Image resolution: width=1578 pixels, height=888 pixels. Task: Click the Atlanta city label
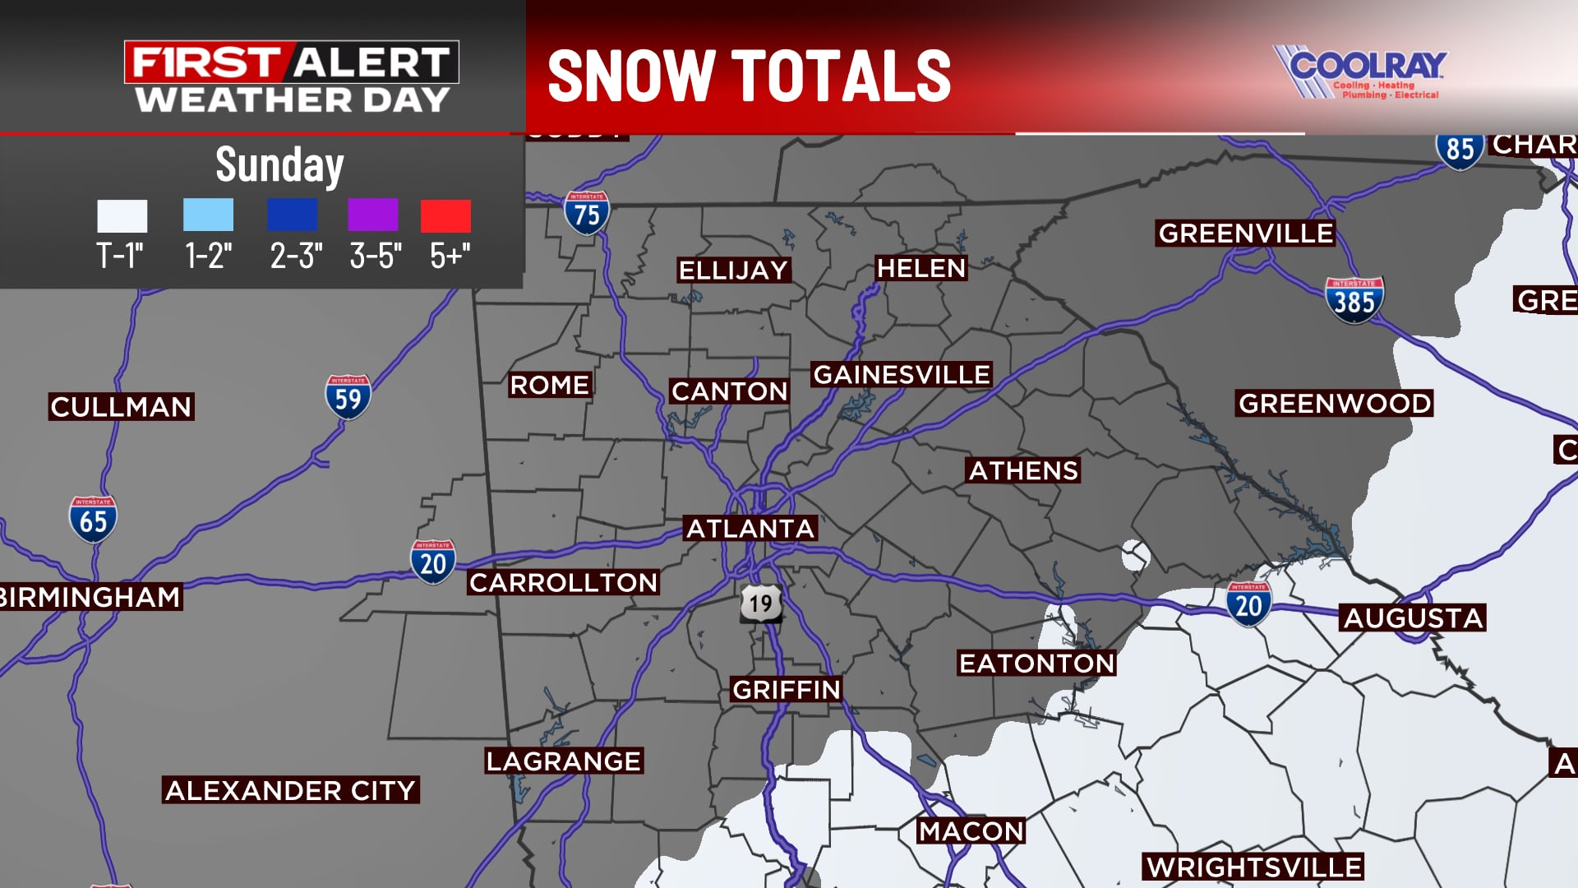750,528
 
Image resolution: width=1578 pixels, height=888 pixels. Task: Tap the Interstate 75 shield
587,213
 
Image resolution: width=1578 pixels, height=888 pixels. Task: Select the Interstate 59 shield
348,397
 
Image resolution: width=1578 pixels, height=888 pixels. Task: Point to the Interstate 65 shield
93,520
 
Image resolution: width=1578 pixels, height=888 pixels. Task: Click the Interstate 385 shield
1354,301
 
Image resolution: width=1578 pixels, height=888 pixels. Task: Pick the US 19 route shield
760,604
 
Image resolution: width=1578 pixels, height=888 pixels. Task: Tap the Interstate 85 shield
1459,149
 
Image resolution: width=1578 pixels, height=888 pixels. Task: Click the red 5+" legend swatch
445,215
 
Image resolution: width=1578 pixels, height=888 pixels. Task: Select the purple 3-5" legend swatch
372,215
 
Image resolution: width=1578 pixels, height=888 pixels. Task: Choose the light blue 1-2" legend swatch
208,215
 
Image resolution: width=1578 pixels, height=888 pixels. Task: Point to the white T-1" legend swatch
122,215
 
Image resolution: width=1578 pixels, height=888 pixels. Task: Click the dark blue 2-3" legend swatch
292,215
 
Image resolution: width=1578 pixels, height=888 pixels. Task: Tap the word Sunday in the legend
279,165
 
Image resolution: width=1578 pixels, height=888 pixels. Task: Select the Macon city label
971,831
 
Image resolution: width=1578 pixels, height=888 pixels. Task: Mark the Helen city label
920,268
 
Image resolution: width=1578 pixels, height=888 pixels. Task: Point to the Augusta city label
1413,617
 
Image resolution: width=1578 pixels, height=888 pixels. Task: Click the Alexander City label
290,790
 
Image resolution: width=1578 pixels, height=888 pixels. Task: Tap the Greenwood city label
1335,403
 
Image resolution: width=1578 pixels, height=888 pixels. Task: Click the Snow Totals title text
749,76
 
